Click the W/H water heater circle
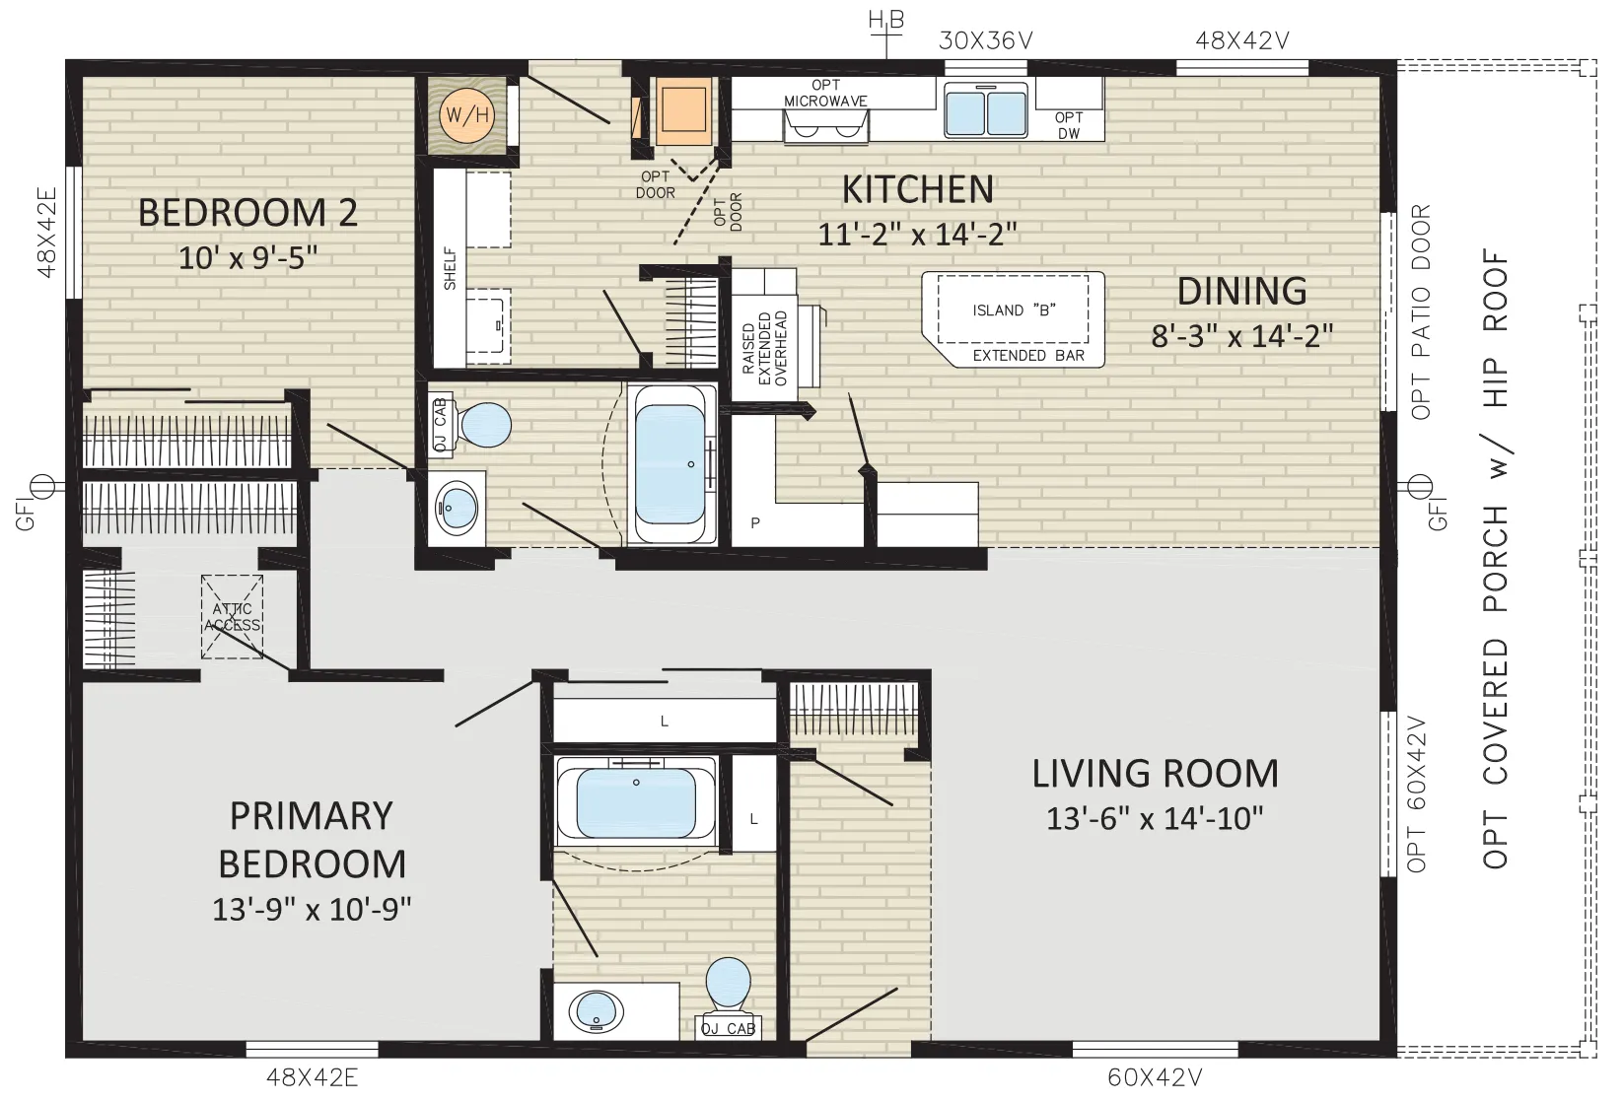point(467,114)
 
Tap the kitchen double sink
point(986,110)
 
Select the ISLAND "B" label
point(1014,310)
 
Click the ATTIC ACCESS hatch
point(232,616)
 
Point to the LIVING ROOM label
point(1155,773)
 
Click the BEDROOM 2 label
point(247,212)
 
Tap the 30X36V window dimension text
point(985,40)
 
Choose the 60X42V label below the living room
point(1155,1077)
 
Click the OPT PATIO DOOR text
point(1421,311)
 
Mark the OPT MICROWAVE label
point(825,94)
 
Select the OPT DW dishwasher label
point(1069,125)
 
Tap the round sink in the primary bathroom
point(597,1011)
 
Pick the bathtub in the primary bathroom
point(636,801)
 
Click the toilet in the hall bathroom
point(471,425)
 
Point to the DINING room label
point(1241,291)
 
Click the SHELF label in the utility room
point(450,269)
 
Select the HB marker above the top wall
point(886,21)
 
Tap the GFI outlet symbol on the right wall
point(1420,487)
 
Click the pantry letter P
point(755,522)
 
